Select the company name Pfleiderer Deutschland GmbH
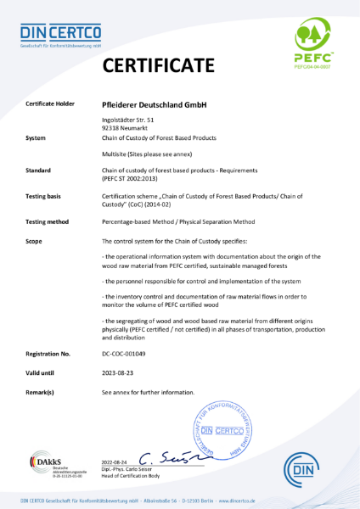pyautogui.click(x=154, y=104)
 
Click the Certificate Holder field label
pyautogui.click(x=49, y=104)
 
